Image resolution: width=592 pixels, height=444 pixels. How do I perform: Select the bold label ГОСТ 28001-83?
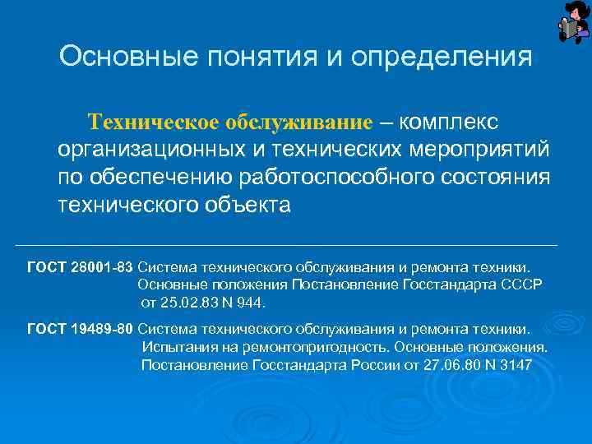pos(80,266)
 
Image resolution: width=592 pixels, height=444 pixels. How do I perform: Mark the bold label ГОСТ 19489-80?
pos(80,329)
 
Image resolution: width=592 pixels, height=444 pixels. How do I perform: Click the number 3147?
pos(515,364)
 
